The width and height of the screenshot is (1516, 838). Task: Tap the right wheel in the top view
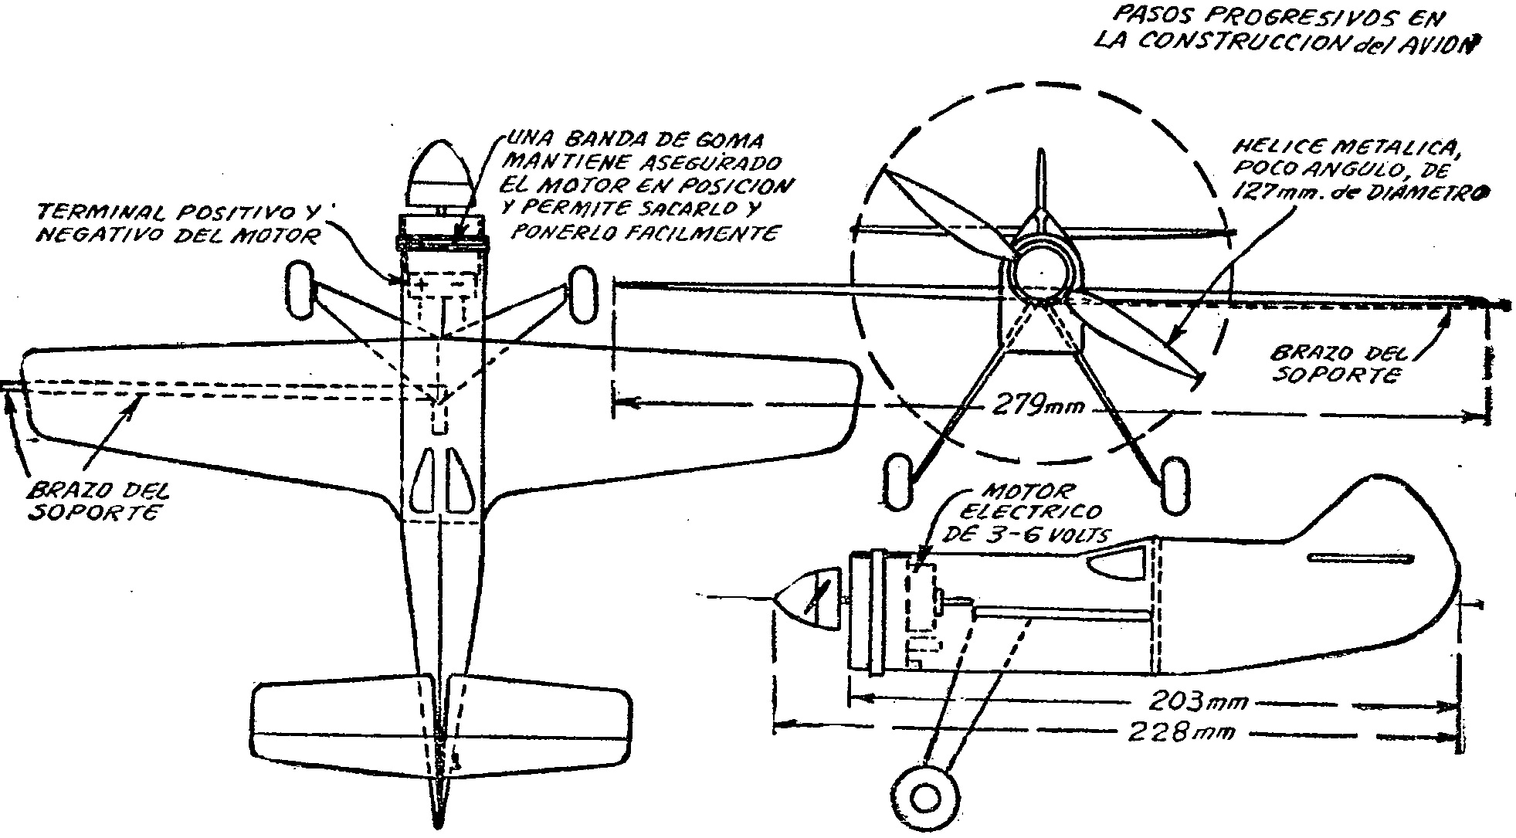583,293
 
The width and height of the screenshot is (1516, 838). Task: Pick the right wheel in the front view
1173,483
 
